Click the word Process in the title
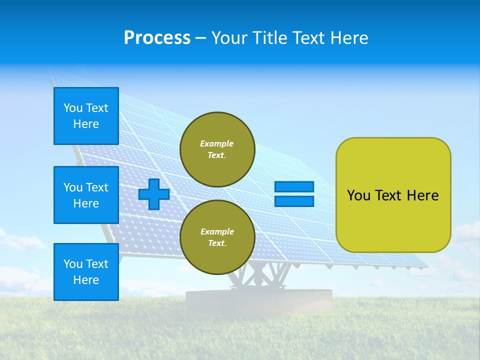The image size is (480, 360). [x=157, y=38]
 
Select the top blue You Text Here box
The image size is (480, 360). [x=86, y=116]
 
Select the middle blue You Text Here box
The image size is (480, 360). [x=86, y=195]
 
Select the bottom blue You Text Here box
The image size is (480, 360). [x=86, y=272]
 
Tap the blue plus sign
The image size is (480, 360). [x=154, y=194]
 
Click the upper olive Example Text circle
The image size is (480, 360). [x=217, y=149]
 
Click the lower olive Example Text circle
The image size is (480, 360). [x=217, y=237]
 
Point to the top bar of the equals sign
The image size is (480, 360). [x=294, y=187]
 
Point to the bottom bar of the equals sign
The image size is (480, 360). [x=294, y=201]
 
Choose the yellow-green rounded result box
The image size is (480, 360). [x=393, y=194]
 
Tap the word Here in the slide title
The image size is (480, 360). [x=349, y=38]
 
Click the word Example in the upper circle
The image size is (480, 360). [x=217, y=143]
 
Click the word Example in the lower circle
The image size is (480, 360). [x=217, y=231]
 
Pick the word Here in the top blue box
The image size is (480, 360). [x=86, y=124]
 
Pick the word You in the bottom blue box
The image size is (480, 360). [x=72, y=264]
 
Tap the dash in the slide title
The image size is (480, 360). [x=201, y=38]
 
